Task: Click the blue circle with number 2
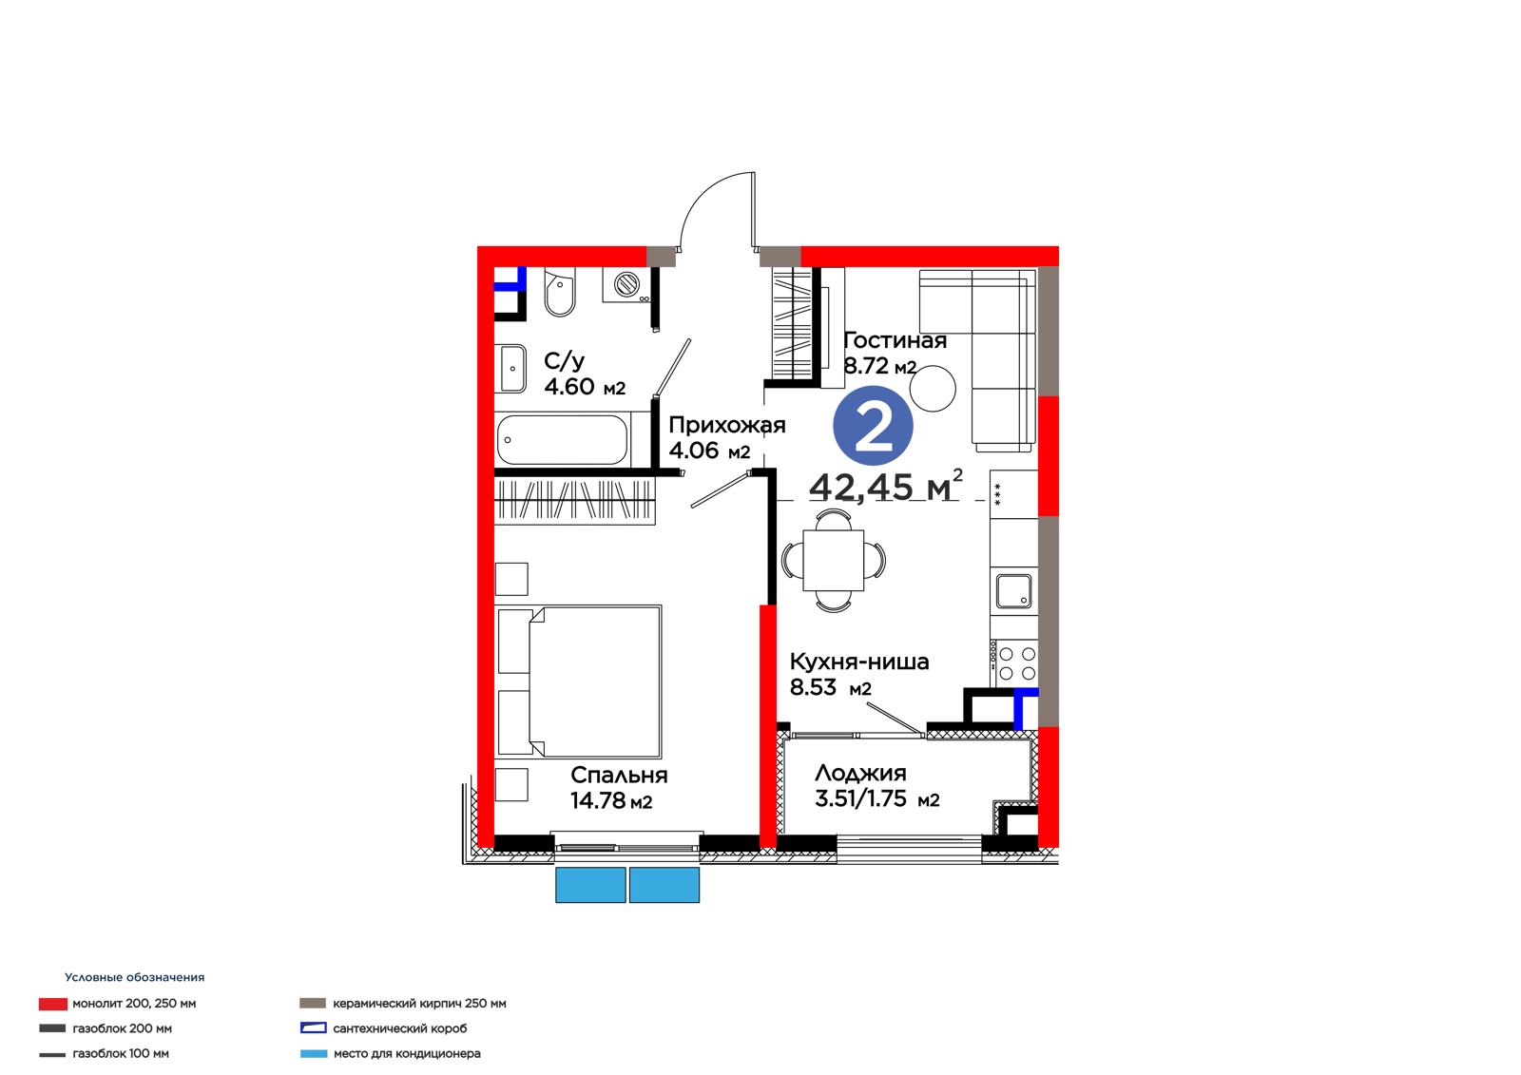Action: tap(873, 426)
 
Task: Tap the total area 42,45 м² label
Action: tap(885, 486)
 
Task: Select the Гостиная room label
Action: tap(895, 340)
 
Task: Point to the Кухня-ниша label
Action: tap(859, 662)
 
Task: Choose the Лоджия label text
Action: tap(860, 773)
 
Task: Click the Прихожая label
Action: tap(727, 425)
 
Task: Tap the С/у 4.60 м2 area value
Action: tap(585, 387)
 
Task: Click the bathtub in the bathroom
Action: tap(562, 440)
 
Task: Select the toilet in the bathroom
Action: tap(560, 292)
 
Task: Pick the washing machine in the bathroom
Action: tap(626, 284)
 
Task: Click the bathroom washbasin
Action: tap(512, 369)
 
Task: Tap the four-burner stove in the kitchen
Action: tap(1013, 663)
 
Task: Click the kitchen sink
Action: tap(1013, 591)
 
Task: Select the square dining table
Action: tap(834, 561)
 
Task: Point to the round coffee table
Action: tap(933, 389)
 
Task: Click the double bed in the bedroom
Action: tap(579, 681)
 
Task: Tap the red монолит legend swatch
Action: tap(53, 1004)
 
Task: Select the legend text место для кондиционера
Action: tap(407, 1053)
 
